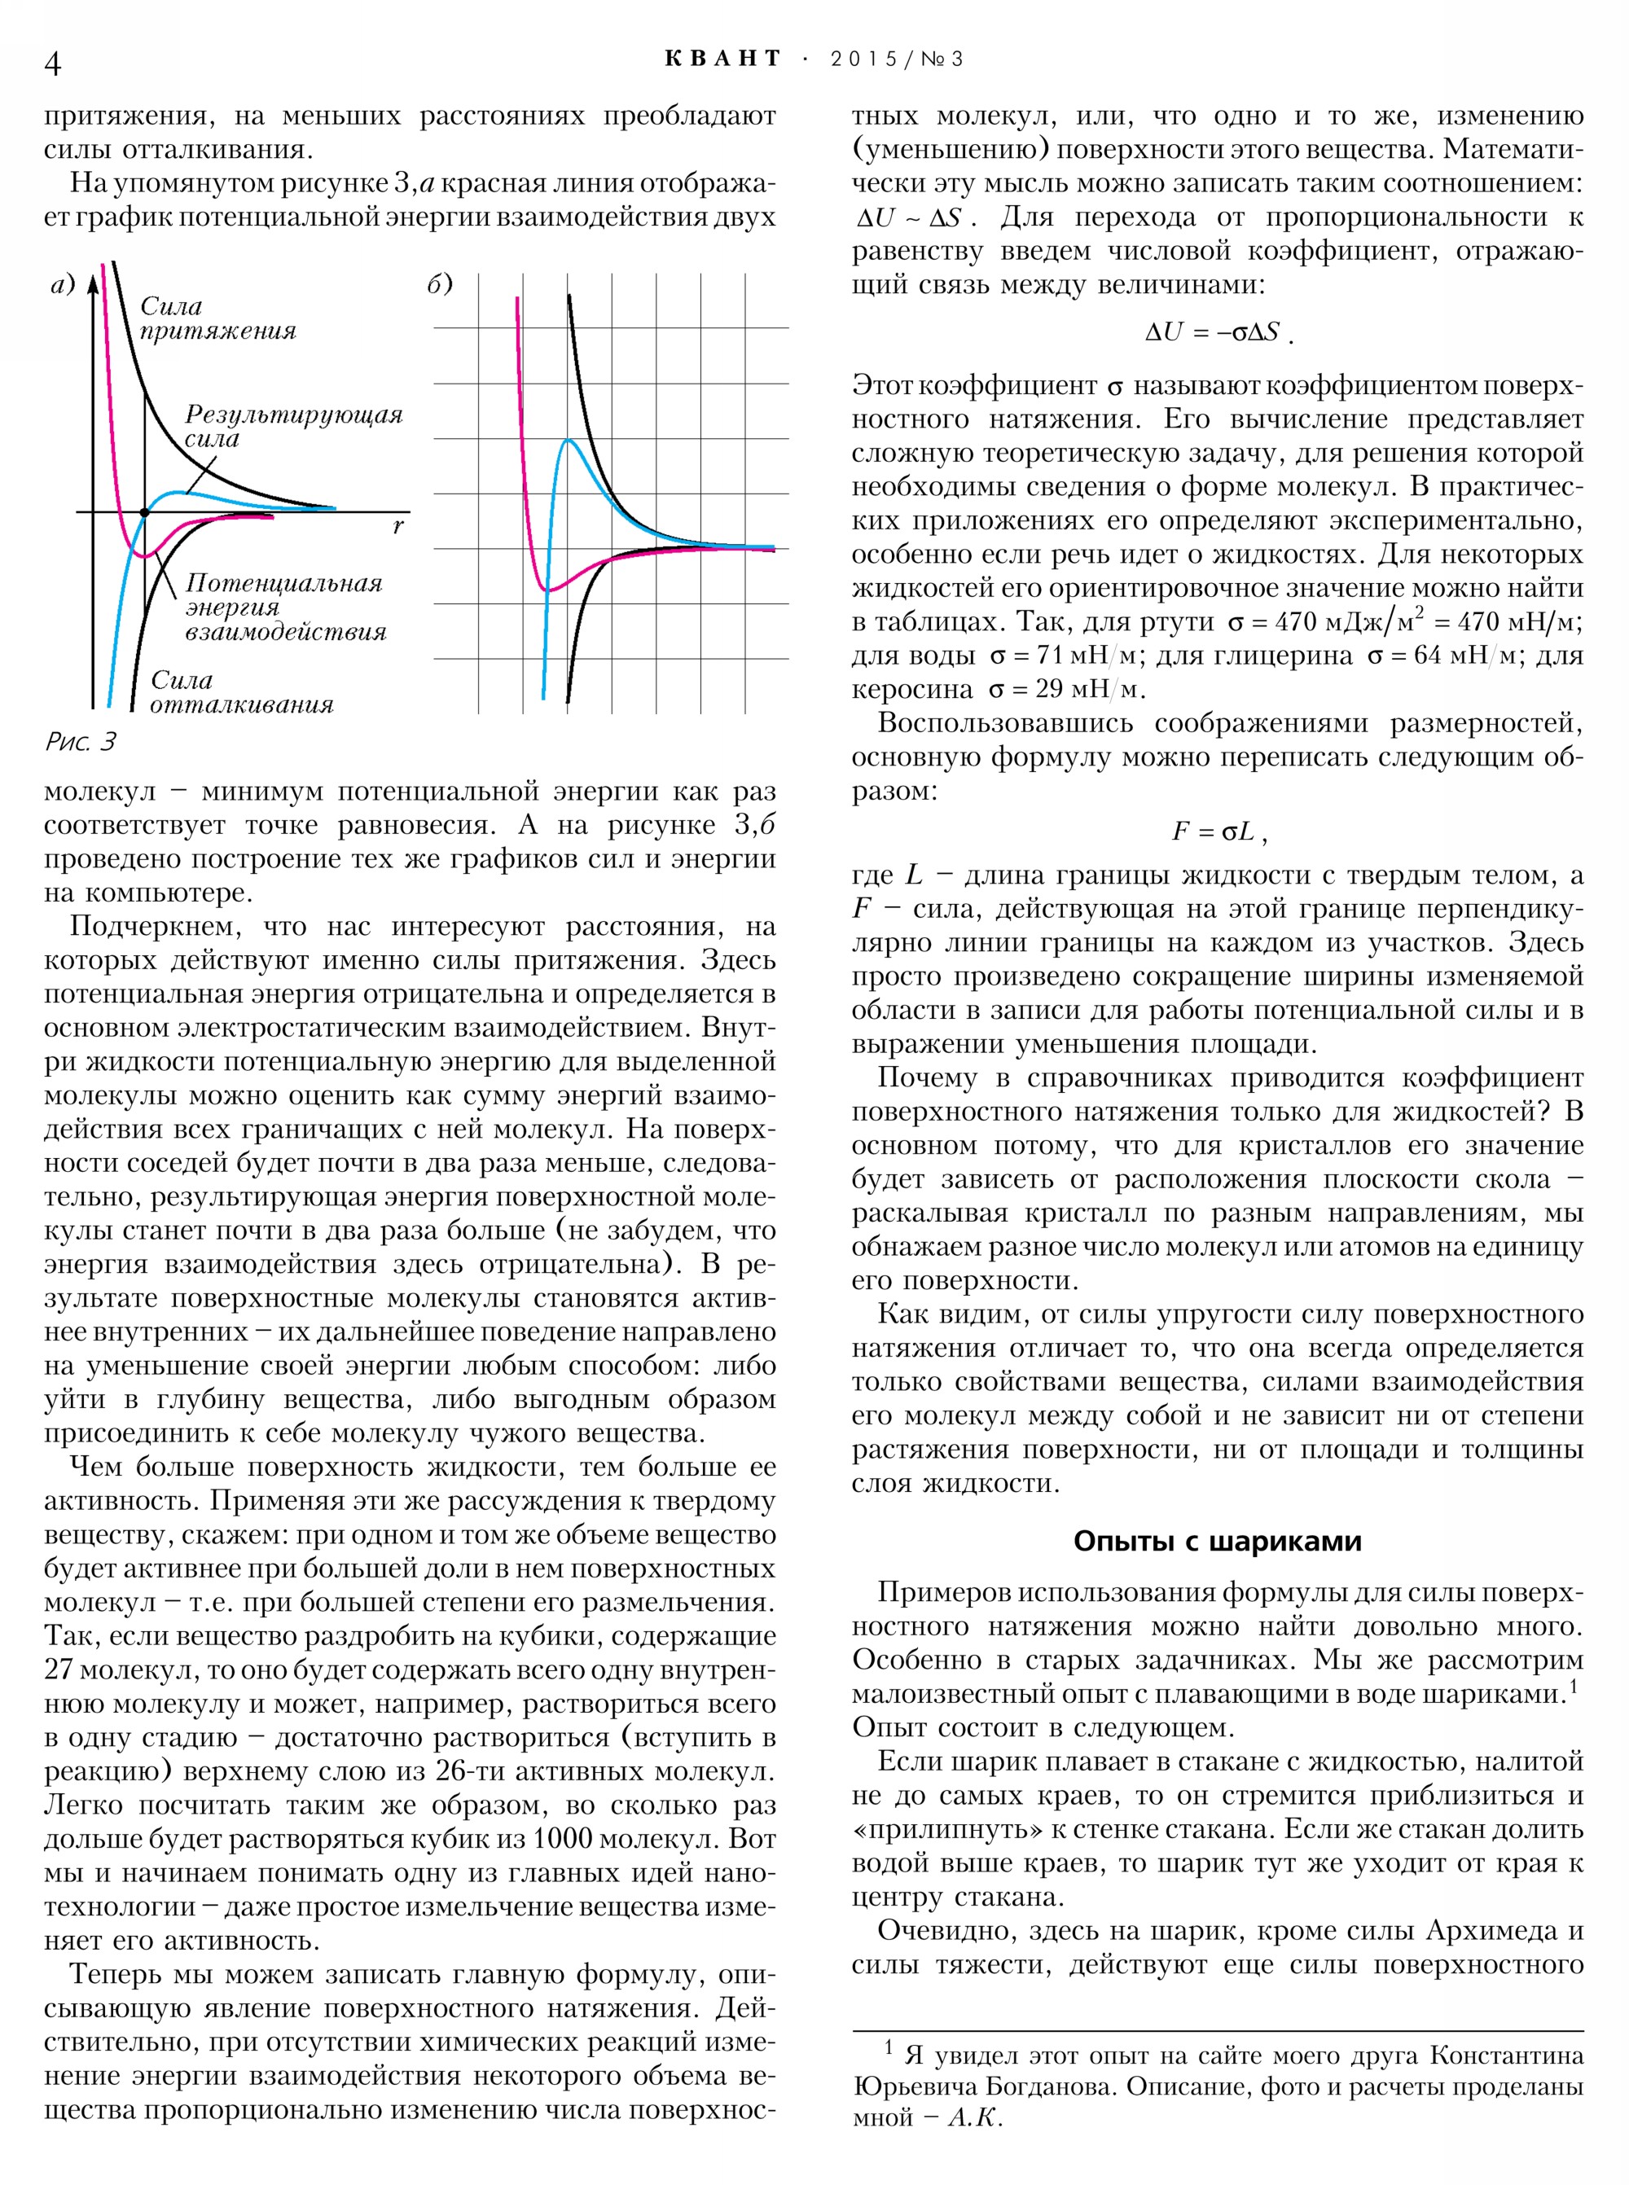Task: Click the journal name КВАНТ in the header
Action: tap(722, 59)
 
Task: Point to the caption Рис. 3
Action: tap(81, 741)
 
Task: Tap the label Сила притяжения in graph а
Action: tap(217, 318)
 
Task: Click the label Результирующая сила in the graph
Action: tap(293, 426)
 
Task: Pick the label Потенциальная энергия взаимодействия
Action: tap(285, 608)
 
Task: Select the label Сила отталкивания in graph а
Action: tap(242, 692)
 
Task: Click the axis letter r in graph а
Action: tap(398, 527)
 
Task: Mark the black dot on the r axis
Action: tap(145, 513)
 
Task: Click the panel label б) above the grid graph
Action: tap(440, 284)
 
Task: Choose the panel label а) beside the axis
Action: tap(63, 285)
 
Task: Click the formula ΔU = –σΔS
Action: tap(1217, 332)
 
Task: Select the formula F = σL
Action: tap(1217, 831)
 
